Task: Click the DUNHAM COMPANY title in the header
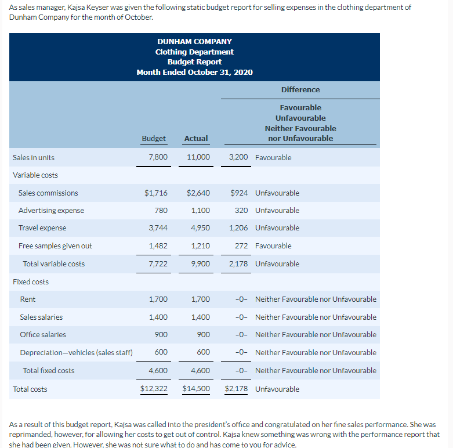(x=194, y=42)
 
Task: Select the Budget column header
(x=154, y=139)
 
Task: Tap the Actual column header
(x=195, y=139)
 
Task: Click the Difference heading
(x=300, y=89)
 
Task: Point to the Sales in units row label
(x=34, y=158)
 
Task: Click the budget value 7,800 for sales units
(x=158, y=158)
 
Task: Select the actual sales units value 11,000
(x=198, y=158)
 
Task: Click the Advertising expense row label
(x=51, y=211)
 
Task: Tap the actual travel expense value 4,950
(x=200, y=228)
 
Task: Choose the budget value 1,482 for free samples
(x=158, y=246)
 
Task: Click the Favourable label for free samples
(x=273, y=246)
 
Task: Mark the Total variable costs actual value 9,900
(x=200, y=264)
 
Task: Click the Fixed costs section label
(x=31, y=282)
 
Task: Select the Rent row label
(x=27, y=299)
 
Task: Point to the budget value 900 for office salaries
(x=161, y=335)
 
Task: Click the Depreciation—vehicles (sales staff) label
(x=76, y=353)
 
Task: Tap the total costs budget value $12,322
(x=154, y=389)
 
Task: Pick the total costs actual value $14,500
(x=196, y=389)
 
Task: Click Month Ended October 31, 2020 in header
(x=194, y=73)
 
